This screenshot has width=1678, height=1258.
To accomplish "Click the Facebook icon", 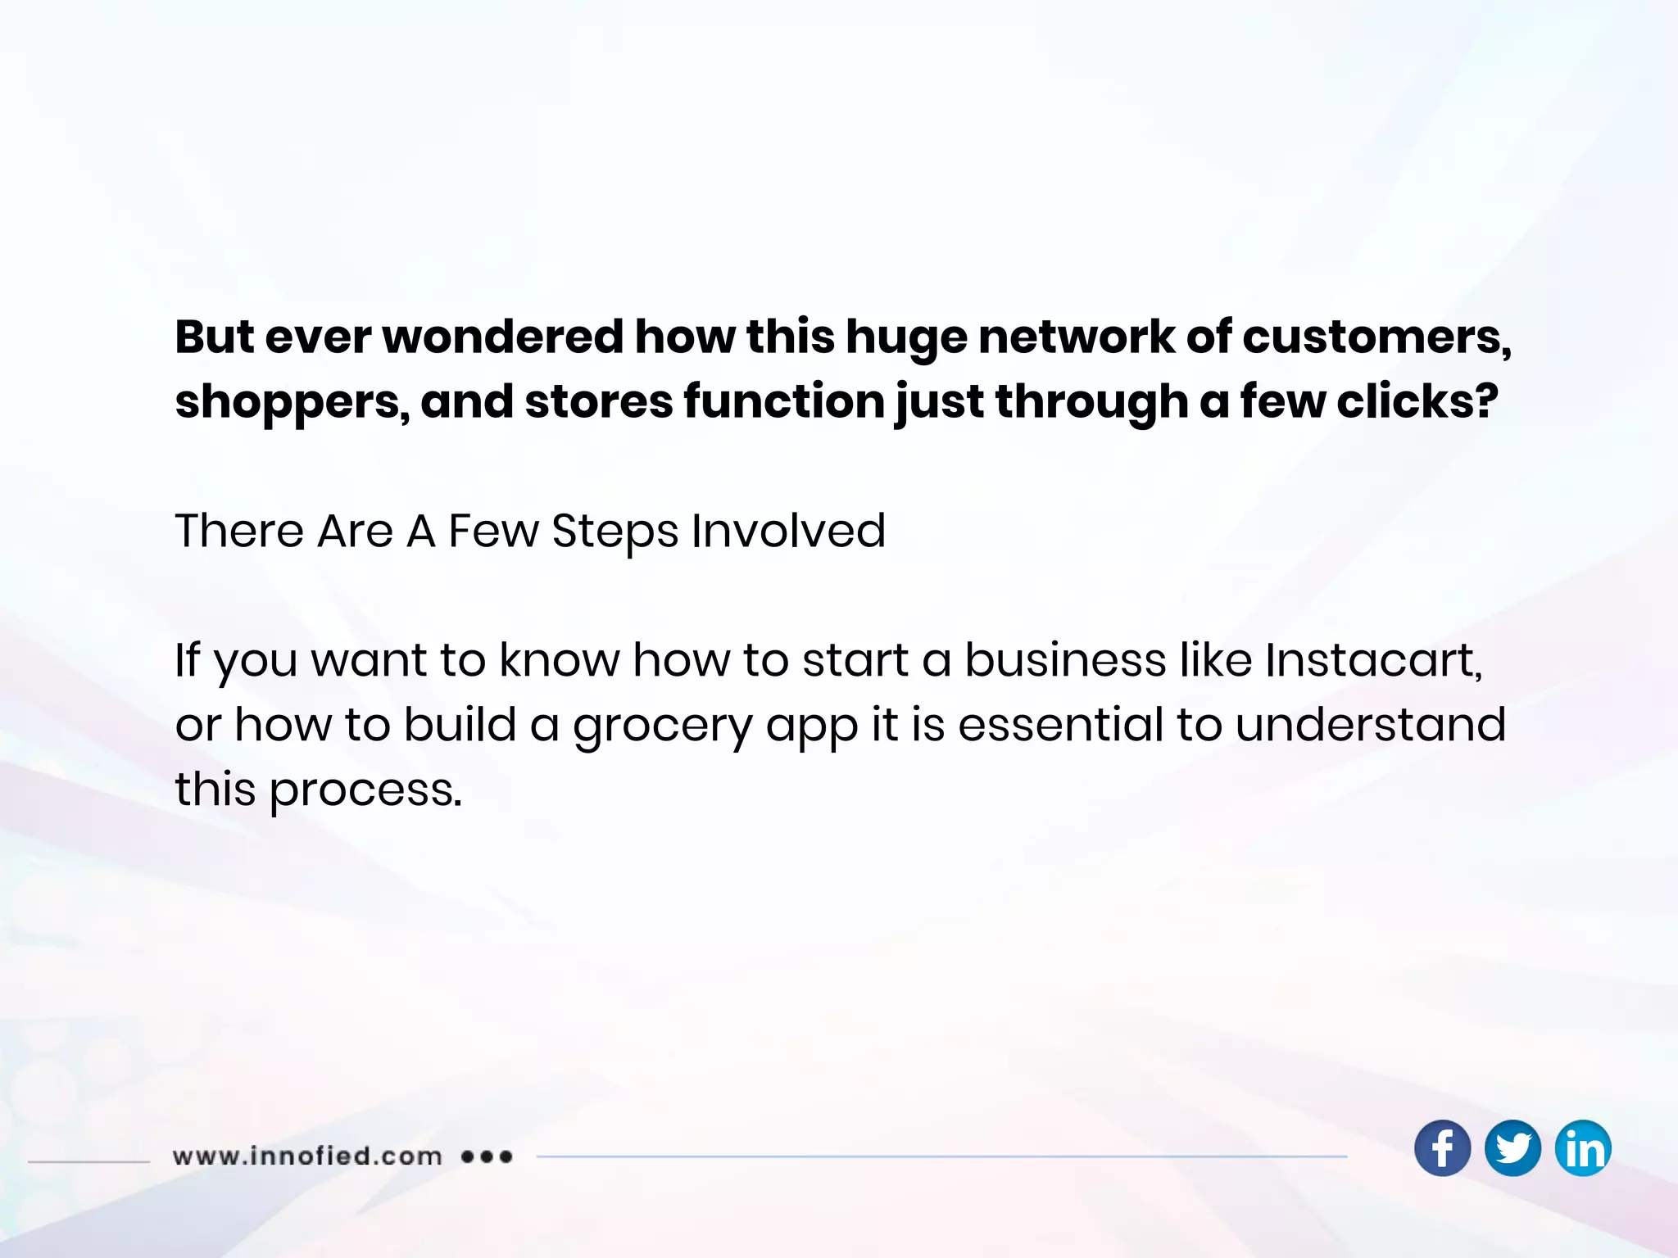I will pos(1442,1148).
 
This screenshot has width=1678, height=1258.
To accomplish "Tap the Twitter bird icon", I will pos(1512,1148).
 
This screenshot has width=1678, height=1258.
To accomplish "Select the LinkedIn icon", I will pos(1583,1148).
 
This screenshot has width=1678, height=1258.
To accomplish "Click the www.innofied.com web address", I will pos(307,1156).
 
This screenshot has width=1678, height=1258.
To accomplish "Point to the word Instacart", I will pos(1372,660).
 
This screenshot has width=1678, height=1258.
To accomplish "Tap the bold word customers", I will pos(1376,337).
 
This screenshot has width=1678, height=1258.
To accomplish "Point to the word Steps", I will pos(615,532).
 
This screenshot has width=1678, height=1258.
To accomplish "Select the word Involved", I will pos(788,531).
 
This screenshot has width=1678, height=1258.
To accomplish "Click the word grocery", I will pos(662,726).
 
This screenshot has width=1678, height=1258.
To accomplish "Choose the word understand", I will pos(1370,725).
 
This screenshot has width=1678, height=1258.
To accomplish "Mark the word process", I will pos(365,791).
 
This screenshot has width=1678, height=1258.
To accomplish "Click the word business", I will pos(1065,660).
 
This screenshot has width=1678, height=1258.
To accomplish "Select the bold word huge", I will pos(905,338).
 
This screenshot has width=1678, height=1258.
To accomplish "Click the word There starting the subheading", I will pos(239,531).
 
